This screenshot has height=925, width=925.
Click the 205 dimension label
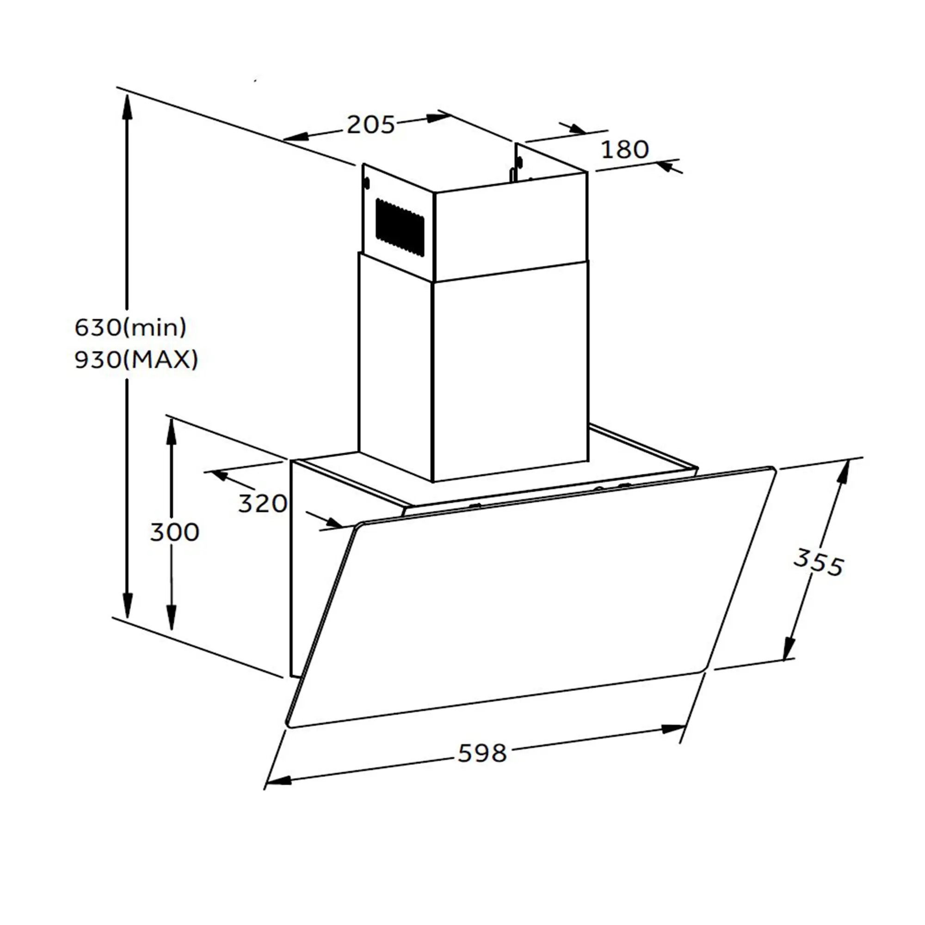pyautogui.click(x=370, y=125)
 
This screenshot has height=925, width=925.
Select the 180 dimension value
pyautogui.click(x=625, y=149)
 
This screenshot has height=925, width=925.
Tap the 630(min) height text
pyautogui.click(x=131, y=327)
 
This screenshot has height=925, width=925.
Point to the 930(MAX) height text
pyautogui.click(x=136, y=359)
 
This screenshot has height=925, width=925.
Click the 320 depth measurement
pyautogui.click(x=262, y=504)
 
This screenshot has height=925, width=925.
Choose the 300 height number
pyautogui.click(x=174, y=532)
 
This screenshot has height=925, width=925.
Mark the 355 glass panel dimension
pyautogui.click(x=818, y=563)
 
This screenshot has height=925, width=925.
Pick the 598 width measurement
pyautogui.click(x=482, y=753)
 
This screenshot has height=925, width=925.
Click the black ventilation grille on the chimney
pyautogui.click(x=400, y=228)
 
